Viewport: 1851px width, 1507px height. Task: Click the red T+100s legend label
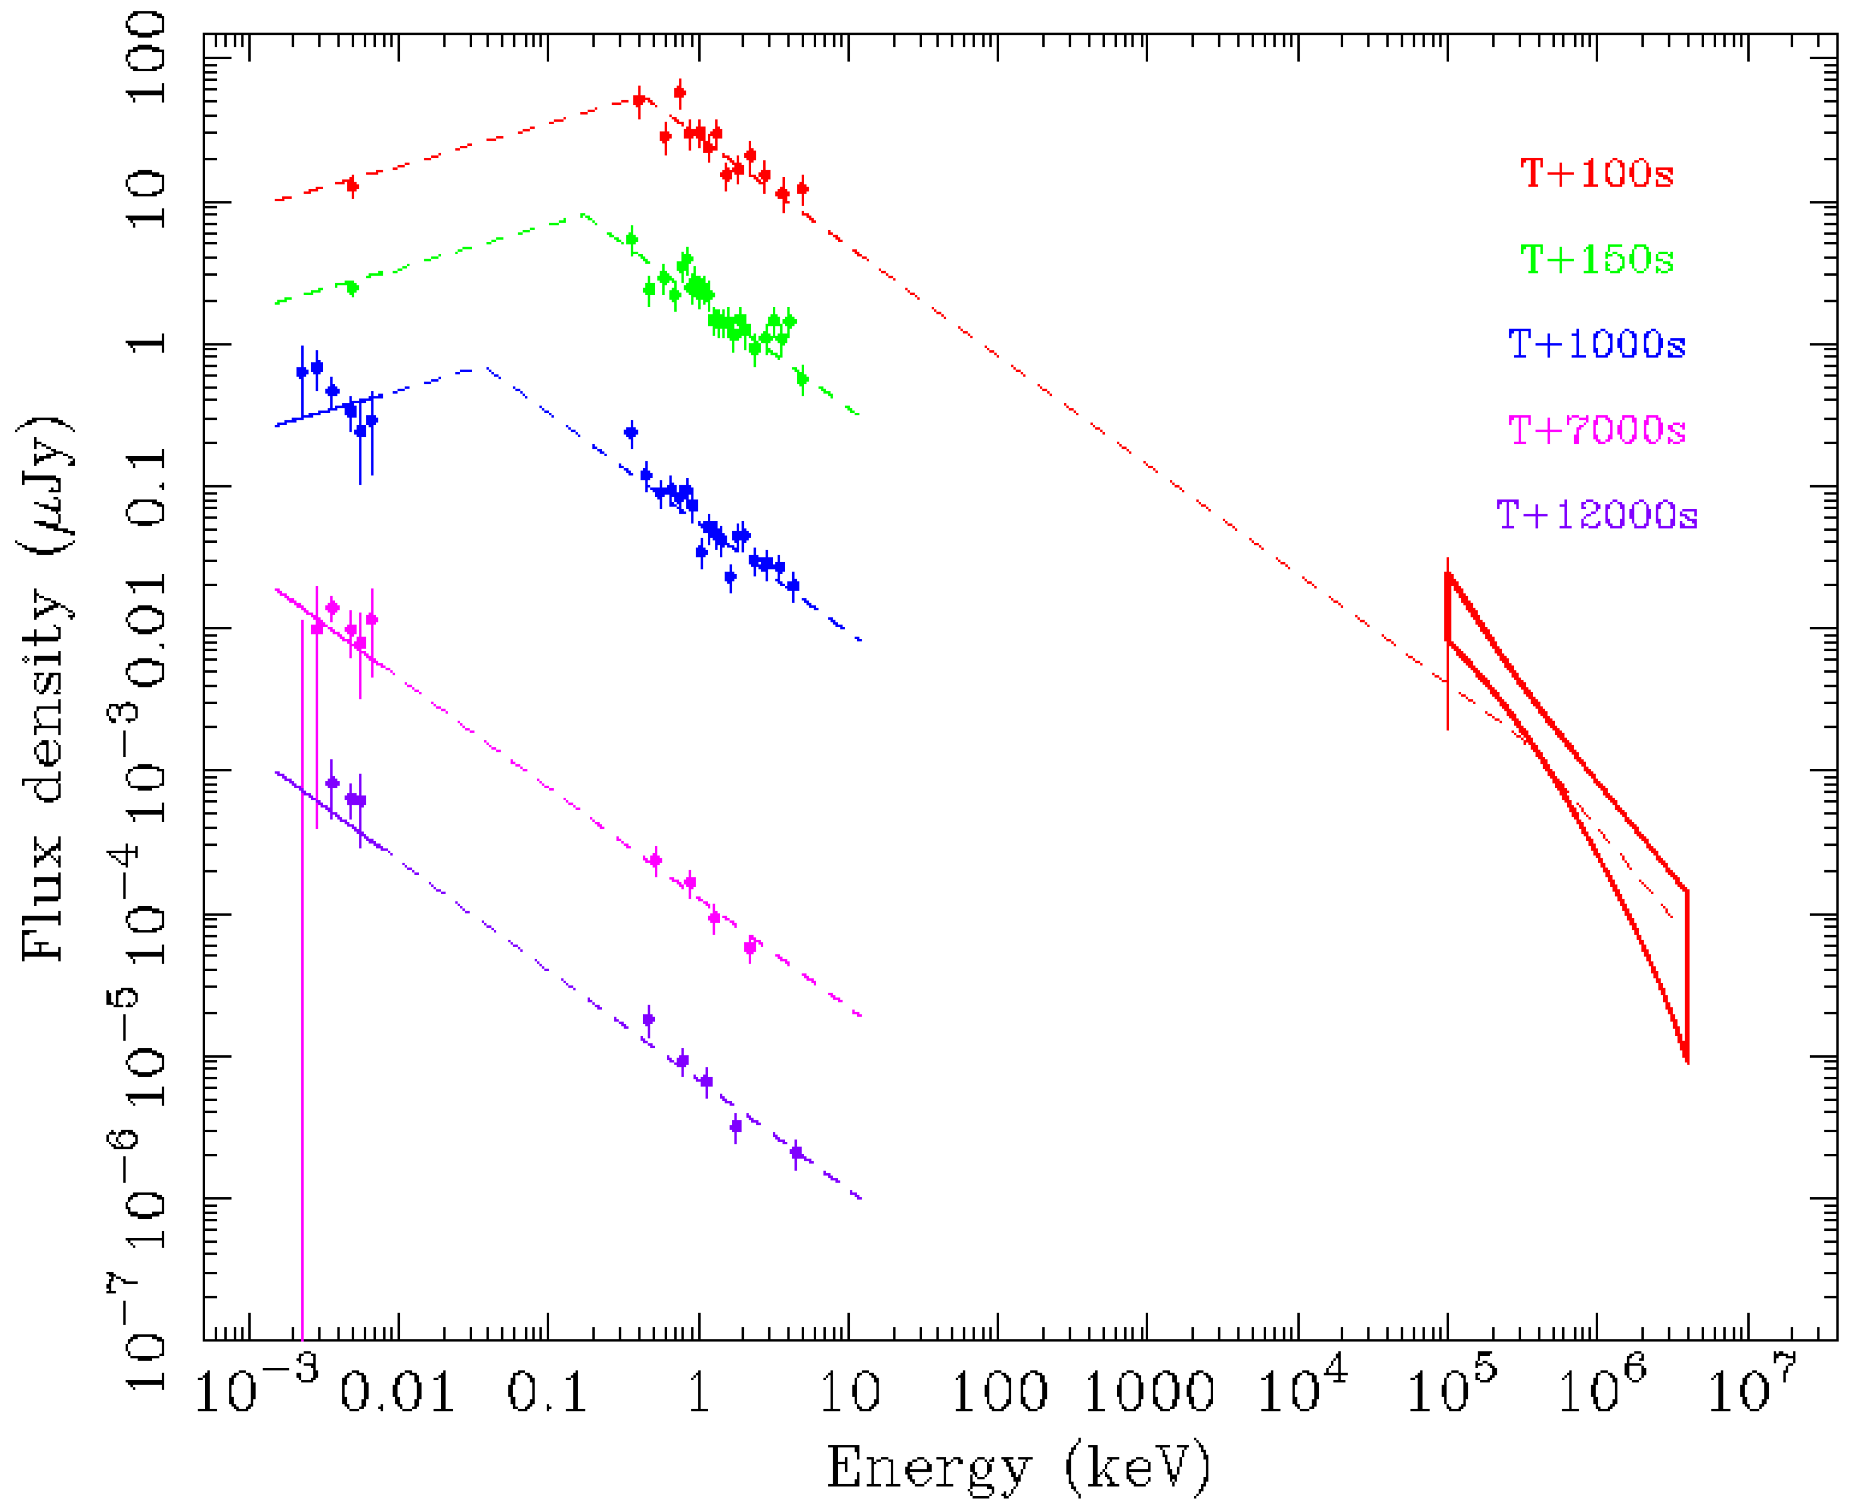[x=1596, y=174]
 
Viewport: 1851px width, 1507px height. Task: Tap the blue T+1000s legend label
[x=1596, y=345]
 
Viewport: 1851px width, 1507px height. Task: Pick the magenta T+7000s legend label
[x=1596, y=429]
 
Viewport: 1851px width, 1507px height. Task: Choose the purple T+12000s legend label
[x=1596, y=515]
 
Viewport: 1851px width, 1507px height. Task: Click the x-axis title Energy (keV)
[x=1018, y=1467]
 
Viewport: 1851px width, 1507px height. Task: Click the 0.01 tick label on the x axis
[x=397, y=1393]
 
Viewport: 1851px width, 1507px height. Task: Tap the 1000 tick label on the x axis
[x=1148, y=1393]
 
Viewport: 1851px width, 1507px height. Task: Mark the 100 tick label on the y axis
[x=146, y=59]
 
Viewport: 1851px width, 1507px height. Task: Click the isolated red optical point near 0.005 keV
[x=351, y=185]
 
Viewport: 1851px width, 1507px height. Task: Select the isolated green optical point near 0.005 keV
[x=351, y=288]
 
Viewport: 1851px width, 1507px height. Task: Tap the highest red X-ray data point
[x=680, y=92]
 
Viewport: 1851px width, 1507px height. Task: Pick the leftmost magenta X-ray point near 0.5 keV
[x=656, y=860]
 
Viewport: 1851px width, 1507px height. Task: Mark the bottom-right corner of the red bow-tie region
[x=1686, y=1061]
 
